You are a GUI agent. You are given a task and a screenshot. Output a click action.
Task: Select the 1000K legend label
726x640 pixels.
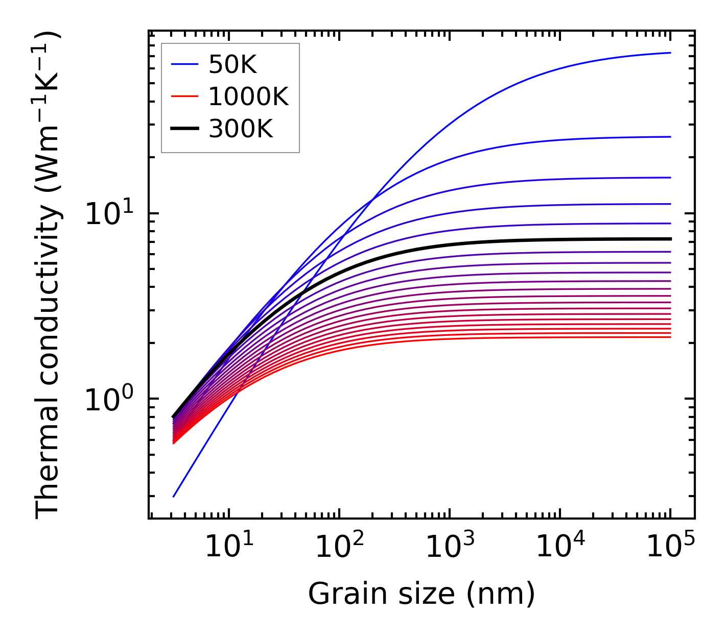(x=248, y=96)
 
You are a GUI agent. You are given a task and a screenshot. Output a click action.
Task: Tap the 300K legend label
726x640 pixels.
(x=241, y=129)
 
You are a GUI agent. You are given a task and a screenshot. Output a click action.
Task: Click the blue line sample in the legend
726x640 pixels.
(x=184, y=64)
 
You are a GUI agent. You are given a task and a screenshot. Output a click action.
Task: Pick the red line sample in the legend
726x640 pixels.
(x=184, y=96)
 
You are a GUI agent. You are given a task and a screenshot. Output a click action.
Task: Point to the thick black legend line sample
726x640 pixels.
(x=184, y=129)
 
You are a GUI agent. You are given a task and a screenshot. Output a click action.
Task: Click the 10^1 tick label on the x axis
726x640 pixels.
(x=228, y=548)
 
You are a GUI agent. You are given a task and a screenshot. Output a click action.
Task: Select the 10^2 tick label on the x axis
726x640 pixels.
(x=339, y=548)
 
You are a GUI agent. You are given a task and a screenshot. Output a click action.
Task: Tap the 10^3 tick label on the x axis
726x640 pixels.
(x=449, y=548)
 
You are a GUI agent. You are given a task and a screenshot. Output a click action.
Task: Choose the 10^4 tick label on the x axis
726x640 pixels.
(x=559, y=548)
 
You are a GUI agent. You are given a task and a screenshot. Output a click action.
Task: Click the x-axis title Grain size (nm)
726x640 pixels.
(x=421, y=595)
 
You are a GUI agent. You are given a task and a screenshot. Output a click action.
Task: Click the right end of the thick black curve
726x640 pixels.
(x=670, y=239)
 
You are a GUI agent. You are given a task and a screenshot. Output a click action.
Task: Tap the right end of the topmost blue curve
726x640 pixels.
(x=670, y=53)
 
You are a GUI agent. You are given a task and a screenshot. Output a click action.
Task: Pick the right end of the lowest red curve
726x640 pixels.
(x=670, y=337)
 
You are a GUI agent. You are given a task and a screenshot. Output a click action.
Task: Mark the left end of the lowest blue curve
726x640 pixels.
(x=174, y=496)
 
